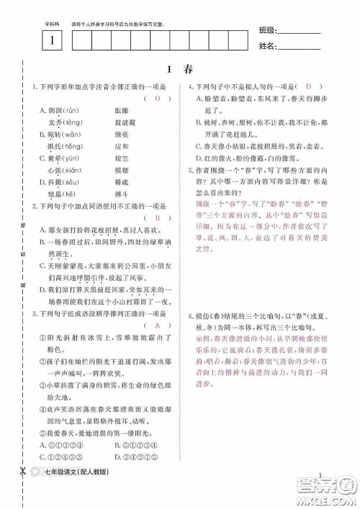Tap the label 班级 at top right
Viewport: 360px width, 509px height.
pos(267,30)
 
